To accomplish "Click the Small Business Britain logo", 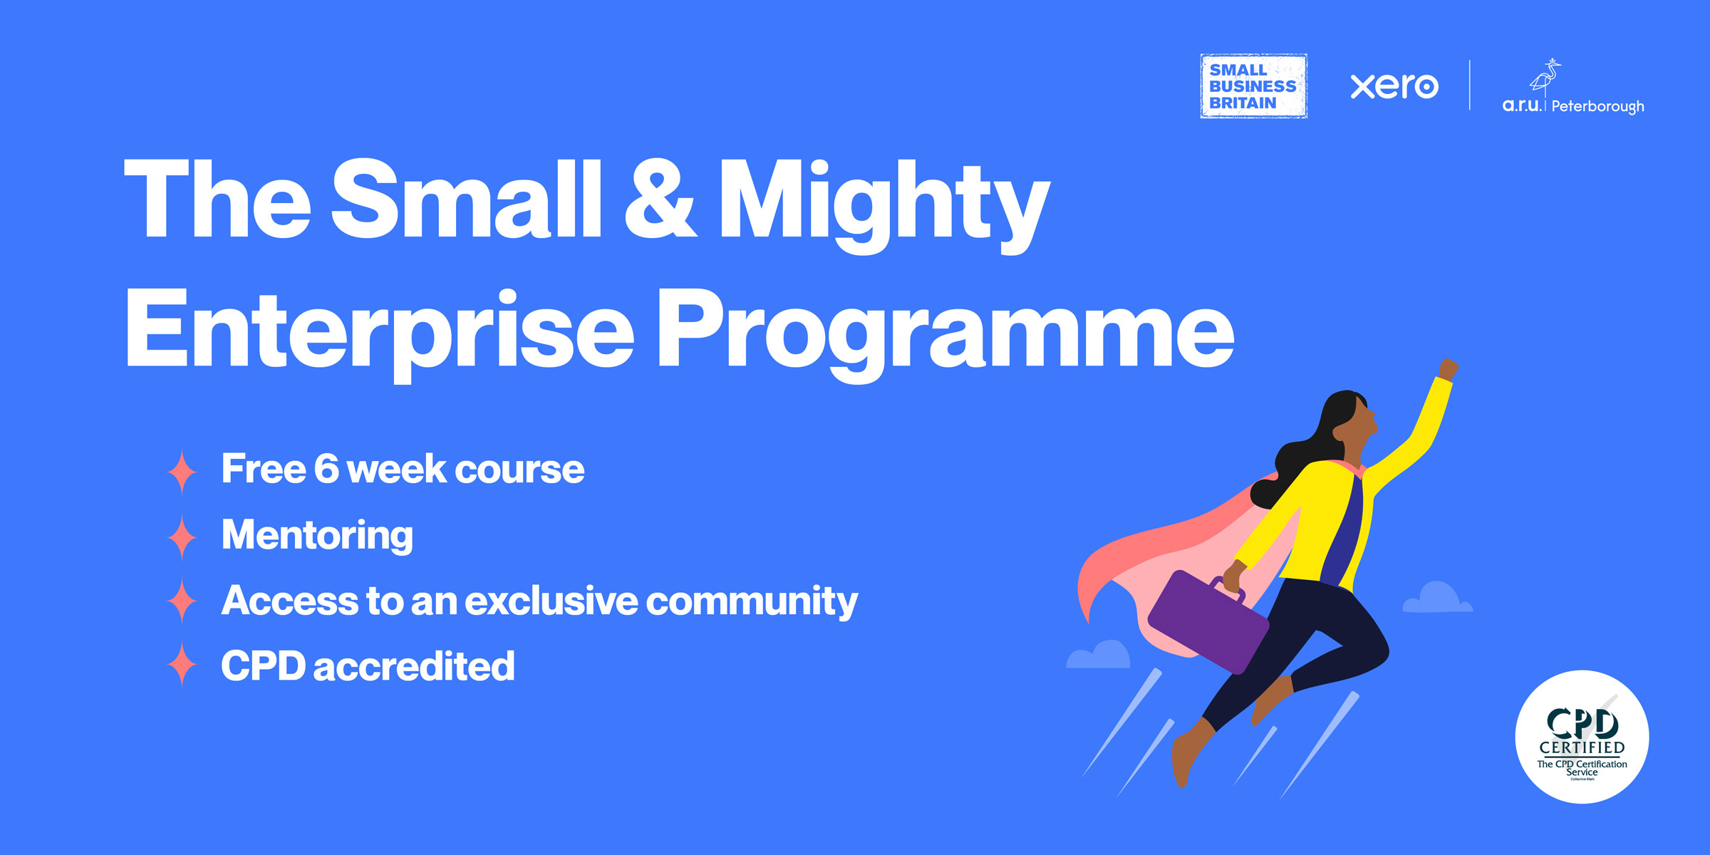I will tap(1253, 86).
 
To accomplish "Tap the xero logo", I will tap(1394, 86).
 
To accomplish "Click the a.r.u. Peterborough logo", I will tap(1573, 89).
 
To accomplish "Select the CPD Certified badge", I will tap(1582, 737).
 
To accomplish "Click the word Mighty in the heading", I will tap(883, 203).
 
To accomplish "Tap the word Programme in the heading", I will tap(944, 331).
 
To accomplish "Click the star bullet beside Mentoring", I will tap(182, 537).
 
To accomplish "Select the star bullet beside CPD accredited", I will tap(182, 664).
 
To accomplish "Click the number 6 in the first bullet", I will tap(326, 469).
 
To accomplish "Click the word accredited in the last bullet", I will tap(413, 667).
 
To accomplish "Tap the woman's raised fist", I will tap(1448, 370).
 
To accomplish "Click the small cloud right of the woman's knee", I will tap(1436, 598).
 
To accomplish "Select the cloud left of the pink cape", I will tap(1099, 655).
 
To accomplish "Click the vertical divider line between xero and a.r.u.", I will tap(1470, 85).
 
